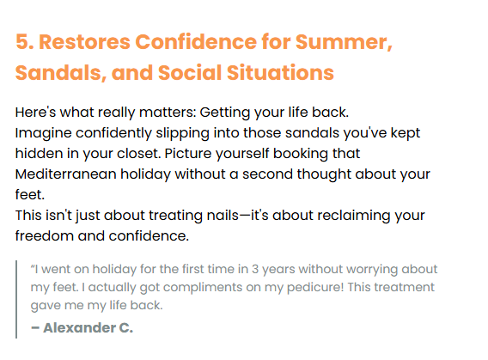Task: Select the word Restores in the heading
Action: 84,42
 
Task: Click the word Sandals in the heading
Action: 58,72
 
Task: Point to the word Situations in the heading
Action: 280,72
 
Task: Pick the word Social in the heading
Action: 190,72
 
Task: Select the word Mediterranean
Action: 65,174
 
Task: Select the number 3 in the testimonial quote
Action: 255,269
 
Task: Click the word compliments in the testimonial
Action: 202,288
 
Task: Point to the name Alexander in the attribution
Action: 79,327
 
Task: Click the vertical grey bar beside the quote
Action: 16,299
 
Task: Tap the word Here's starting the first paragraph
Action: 35,112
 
